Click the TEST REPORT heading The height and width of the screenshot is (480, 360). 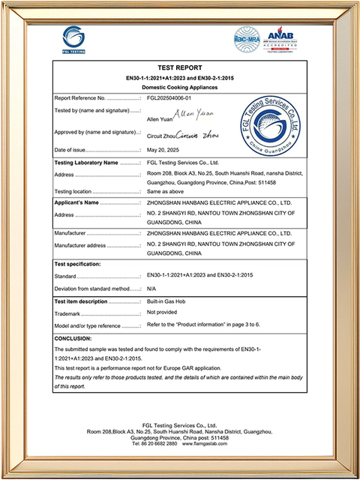(180, 67)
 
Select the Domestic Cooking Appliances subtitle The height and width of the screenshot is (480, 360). (180, 87)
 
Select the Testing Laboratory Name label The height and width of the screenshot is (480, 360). (87, 161)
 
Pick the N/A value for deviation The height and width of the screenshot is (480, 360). (151, 288)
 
